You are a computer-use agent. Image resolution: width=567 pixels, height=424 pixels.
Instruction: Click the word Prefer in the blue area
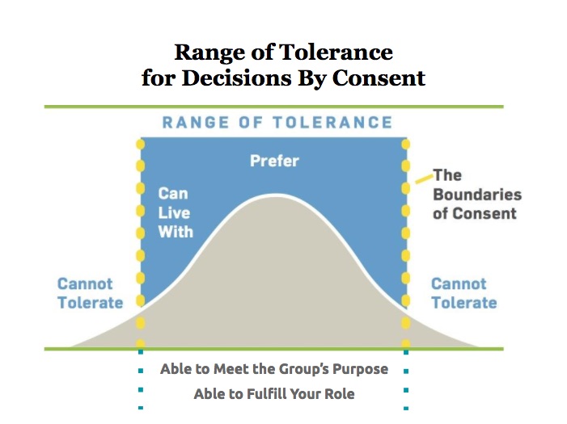(274, 161)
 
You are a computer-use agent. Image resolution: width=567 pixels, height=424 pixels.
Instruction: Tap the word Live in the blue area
(174, 213)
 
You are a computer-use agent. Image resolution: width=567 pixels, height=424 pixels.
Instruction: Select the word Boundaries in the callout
(477, 195)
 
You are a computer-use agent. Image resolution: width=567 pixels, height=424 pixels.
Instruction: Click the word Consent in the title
(379, 78)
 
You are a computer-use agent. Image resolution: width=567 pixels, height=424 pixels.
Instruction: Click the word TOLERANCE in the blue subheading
(332, 123)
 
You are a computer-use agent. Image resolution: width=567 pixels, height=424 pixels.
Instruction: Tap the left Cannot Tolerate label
(91, 293)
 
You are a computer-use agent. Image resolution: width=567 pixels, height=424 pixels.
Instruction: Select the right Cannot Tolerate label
(464, 293)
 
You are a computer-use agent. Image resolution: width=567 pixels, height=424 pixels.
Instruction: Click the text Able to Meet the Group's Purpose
(274, 369)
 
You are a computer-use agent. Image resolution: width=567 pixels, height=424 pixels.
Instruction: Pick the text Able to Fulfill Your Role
(274, 393)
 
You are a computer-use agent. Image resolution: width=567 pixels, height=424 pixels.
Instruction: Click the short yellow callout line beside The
(424, 178)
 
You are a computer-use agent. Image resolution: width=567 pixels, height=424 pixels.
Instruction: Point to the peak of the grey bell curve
(276, 195)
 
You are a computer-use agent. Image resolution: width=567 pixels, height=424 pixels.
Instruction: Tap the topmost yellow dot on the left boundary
(140, 145)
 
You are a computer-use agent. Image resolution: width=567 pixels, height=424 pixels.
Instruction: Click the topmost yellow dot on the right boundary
(406, 145)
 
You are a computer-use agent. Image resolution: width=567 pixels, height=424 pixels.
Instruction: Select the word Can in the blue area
(173, 194)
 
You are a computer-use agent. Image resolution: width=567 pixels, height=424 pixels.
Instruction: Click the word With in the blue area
(176, 232)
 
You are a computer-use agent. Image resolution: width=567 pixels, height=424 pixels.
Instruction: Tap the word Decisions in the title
(236, 78)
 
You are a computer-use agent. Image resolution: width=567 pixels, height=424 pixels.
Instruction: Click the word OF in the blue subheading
(251, 123)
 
